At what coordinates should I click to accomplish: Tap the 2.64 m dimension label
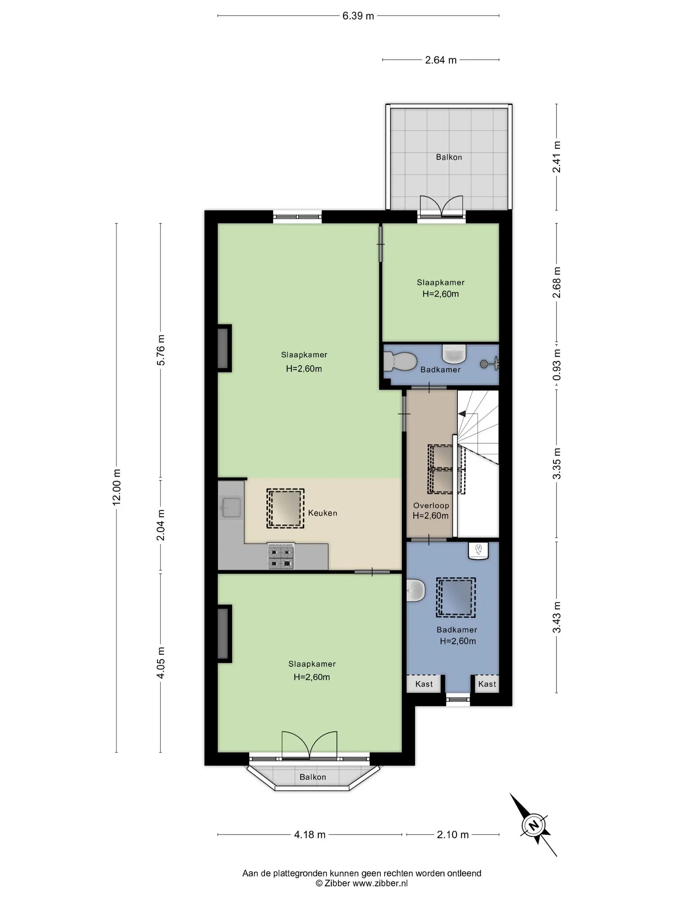point(441,60)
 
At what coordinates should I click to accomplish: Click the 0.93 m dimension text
point(557,365)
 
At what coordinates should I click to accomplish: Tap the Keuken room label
point(322,513)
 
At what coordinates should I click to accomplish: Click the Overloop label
point(431,505)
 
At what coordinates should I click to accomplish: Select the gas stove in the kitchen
point(280,557)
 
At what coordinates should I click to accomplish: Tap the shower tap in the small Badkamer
point(490,364)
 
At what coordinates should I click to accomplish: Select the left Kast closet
point(424,684)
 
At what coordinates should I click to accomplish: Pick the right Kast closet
point(487,684)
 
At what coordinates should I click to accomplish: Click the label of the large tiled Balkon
point(449,157)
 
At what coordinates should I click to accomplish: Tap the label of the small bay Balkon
point(312,777)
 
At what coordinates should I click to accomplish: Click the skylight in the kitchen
point(285,508)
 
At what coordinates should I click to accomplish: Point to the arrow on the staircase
point(462,414)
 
